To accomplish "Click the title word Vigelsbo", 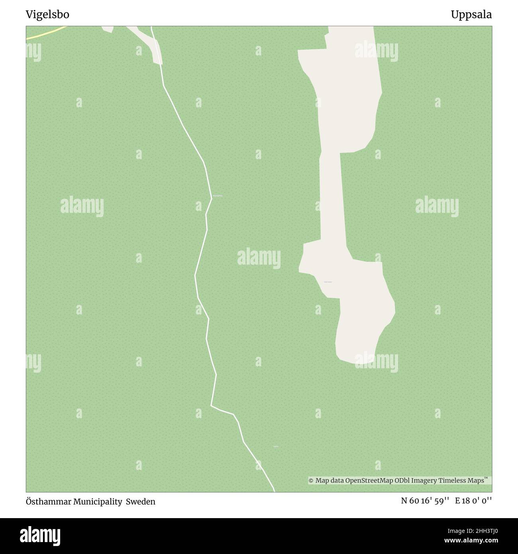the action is point(47,15).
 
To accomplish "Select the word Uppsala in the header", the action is point(471,15).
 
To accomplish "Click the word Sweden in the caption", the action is point(141,502).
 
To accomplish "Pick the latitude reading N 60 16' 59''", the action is point(425,501).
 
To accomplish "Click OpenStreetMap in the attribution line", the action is point(369,481).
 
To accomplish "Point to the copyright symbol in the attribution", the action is point(311,481).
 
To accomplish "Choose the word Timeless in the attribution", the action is point(453,481).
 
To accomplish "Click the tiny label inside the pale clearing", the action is point(328,282).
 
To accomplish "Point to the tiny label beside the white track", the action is point(218,196).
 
